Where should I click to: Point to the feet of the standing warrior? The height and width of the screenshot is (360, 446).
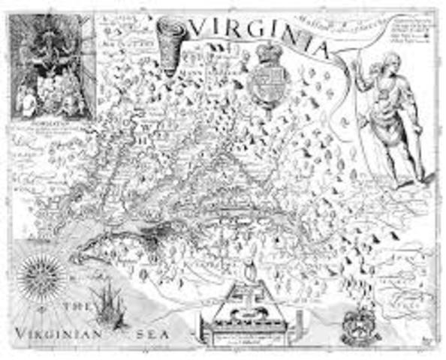coord(410,180)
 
